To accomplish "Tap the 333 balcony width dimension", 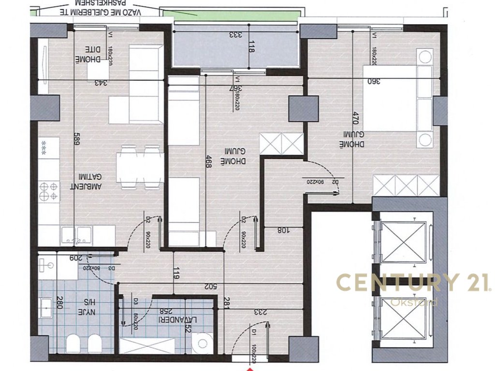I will [235, 35].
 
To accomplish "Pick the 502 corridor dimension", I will [210, 286].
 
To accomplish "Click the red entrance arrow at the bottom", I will [250, 368].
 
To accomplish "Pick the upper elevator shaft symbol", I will [403, 242].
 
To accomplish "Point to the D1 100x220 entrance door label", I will [253, 344].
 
